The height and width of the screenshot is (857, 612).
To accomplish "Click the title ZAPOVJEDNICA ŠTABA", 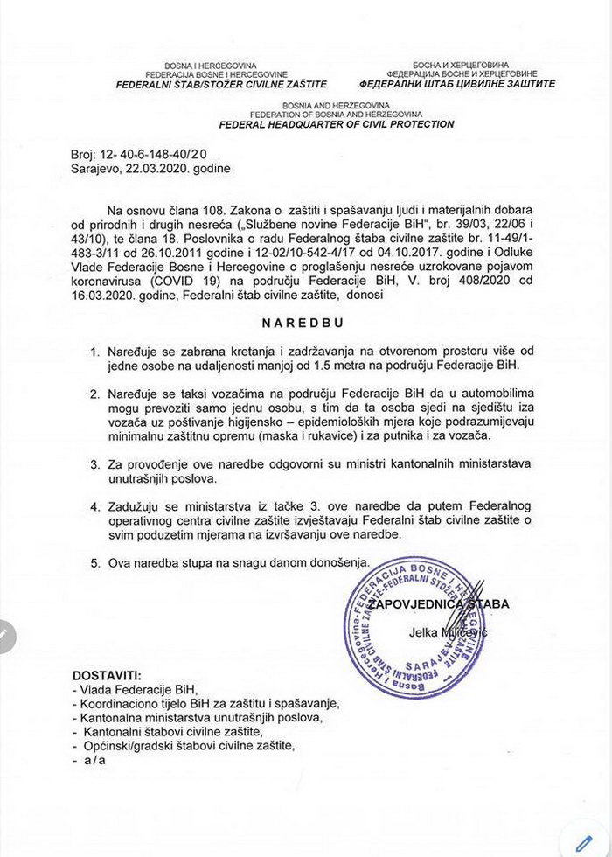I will click(x=437, y=603).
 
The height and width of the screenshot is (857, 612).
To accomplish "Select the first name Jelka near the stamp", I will click(x=423, y=631).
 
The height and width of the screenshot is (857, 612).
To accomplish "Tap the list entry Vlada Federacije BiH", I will click(x=131, y=689).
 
